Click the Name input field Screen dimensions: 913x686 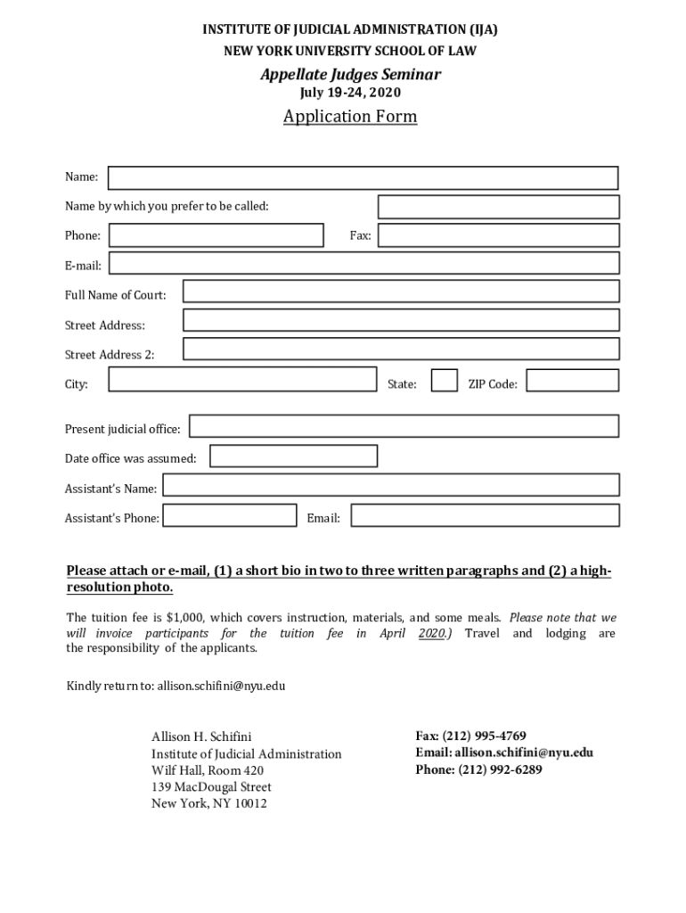pyautogui.click(x=363, y=178)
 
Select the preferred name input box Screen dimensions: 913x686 pyautogui.click(x=498, y=207)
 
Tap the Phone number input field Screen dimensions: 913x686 pyautogui.click(x=216, y=235)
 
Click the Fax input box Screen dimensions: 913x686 pyautogui.click(x=498, y=235)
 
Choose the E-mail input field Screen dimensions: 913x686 pyautogui.click(x=363, y=264)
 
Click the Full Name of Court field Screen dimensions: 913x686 pyautogui.click(x=400, y=292)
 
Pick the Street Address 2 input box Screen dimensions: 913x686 pyautogui.click(x=400, y=350)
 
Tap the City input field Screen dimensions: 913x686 pyautogui.click(x=242, y=381)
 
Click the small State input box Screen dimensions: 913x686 pyautogui.click(x=445, y=381)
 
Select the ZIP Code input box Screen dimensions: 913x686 pyautogui.click(x=572, y=381)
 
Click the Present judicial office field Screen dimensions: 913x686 pyautogui.click(x=404, y=426)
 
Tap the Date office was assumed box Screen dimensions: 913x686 pyautogui.click(x=293, y=456)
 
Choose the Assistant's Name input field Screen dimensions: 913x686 pyautogui.click(x=390, y=485)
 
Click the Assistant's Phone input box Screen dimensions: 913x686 pyautogui.click(x=230, y=515)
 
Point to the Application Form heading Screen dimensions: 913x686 pyautogui.click(x=349, y=117)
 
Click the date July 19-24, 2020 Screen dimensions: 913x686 pyautogui.click(x=349, y=93)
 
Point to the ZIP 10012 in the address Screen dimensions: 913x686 pyautogui.click(x=249, y=803)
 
